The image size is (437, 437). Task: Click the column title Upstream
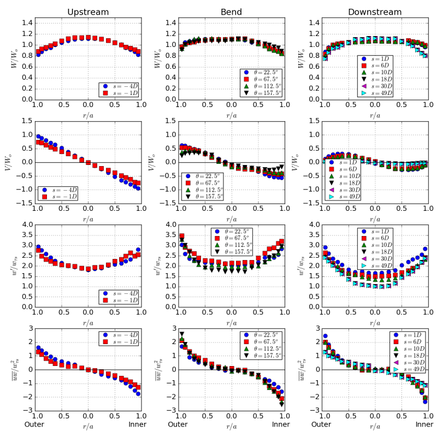(x=87, y=11)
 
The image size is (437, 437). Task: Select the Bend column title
(x=232, y=11)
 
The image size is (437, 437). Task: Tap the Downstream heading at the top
(x=374, y=11)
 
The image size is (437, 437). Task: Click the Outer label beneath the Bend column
(x=178, y=424)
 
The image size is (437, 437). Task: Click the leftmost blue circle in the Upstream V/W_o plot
(x=38, y=137)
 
